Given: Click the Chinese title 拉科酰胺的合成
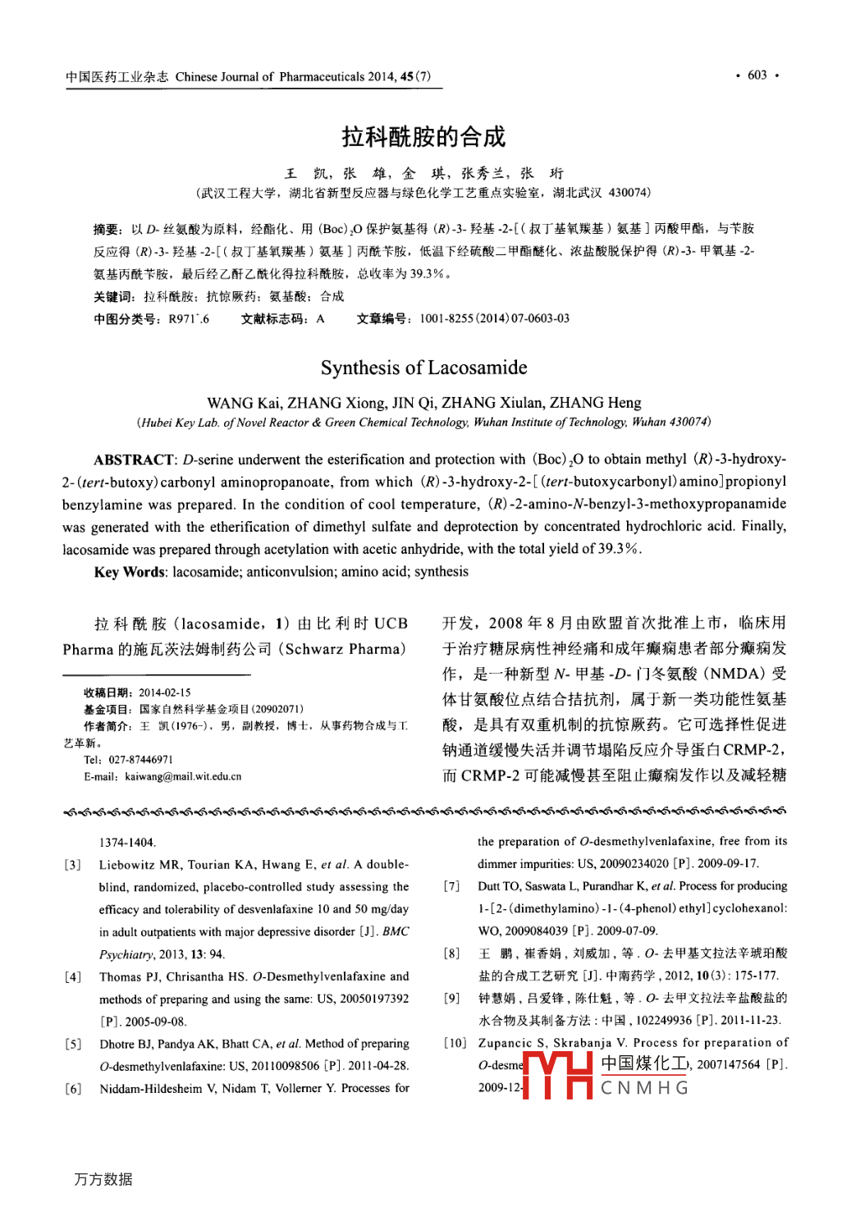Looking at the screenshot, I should pos(423,136).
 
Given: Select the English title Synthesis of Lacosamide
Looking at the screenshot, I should pos(423,368).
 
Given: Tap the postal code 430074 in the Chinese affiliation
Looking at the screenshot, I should pos(629,193).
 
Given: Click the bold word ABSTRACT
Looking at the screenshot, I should pos(134,459).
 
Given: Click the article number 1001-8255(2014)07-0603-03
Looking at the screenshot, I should pos(494,318).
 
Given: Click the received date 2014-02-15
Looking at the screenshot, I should pos(164,693).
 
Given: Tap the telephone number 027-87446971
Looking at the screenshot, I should pos(140,760).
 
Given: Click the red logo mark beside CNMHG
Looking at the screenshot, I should pos(558,1076).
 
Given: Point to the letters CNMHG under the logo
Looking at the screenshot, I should pos(644,1088).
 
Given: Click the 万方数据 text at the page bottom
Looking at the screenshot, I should pos(103,1179).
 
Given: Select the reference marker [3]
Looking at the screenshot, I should pos(73,865).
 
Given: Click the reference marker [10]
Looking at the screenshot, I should pos(455,1043).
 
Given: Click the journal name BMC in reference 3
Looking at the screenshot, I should pos(396,932).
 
